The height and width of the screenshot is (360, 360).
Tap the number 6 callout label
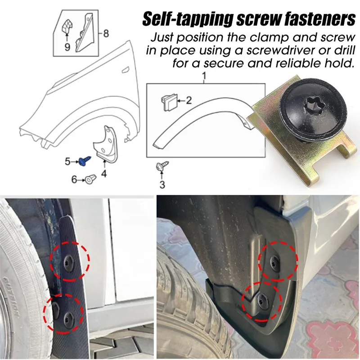[74, 180]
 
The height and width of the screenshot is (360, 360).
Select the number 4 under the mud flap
[104, 174]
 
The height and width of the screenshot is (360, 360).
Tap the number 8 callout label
[106, 33]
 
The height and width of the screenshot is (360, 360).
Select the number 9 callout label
[67, 46]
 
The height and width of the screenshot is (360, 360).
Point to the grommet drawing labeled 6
[91, 179]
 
